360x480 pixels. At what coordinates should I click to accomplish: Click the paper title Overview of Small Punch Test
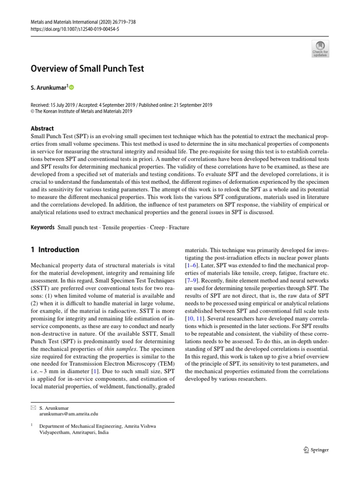87,69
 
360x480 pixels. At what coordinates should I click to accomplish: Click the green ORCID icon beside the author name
72,87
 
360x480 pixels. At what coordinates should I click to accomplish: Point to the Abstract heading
42,128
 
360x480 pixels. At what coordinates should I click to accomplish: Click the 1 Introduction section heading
55,249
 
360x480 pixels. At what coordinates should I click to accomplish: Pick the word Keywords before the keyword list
43,227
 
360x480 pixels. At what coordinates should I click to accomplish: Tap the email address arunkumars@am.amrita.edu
69,414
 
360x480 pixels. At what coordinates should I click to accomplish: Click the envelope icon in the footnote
33,408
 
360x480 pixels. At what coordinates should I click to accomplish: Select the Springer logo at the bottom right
314,450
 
